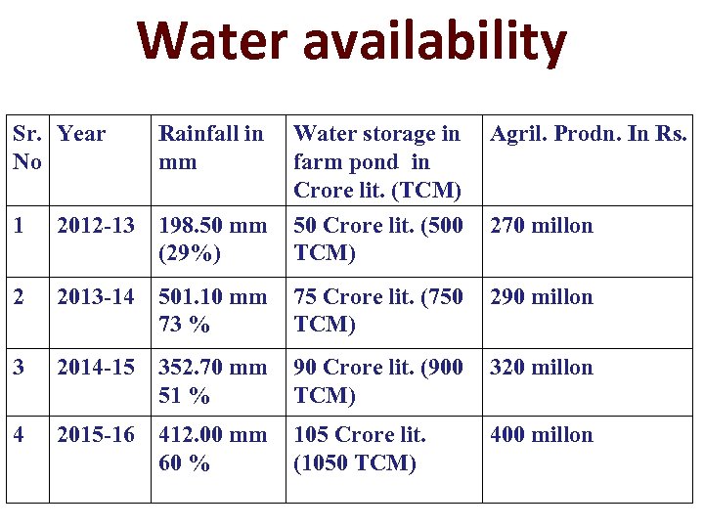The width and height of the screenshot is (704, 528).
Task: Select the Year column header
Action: click(x=81, y=133)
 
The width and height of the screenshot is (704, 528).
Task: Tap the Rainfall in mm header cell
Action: click(x=210, y=147)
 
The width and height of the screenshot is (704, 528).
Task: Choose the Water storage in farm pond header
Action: click(x=376, y=160)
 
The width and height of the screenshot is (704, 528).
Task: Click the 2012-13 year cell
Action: click(x=96, y=225)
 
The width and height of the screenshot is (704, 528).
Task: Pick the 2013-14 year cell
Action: click(x=96, y=296)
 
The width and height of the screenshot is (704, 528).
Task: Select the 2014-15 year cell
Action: click(x=96, y=367)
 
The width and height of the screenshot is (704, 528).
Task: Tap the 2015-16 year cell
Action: click(x=96, y=434)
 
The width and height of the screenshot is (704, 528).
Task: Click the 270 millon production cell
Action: click(x=541, y=225)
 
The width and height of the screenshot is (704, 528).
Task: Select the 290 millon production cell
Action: click(x=541, y=296)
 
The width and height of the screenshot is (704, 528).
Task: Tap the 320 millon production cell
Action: click(x=541, y=367)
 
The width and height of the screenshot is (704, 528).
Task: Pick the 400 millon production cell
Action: click(x=541, y=434)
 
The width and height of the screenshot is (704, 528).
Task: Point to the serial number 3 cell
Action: click(x=19, y=367)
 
